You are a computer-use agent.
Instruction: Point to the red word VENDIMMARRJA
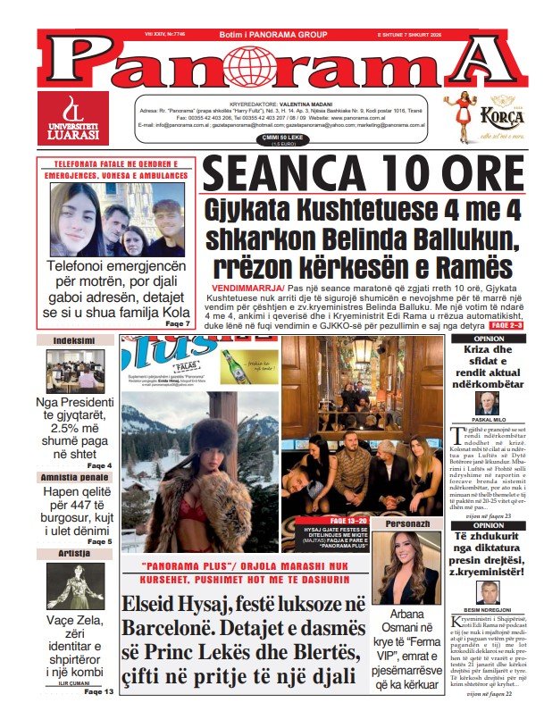click(x=247, y=289)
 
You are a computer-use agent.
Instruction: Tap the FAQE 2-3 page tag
click(x=514, y=325)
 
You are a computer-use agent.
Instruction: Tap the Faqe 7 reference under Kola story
click(x=178, y=323)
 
